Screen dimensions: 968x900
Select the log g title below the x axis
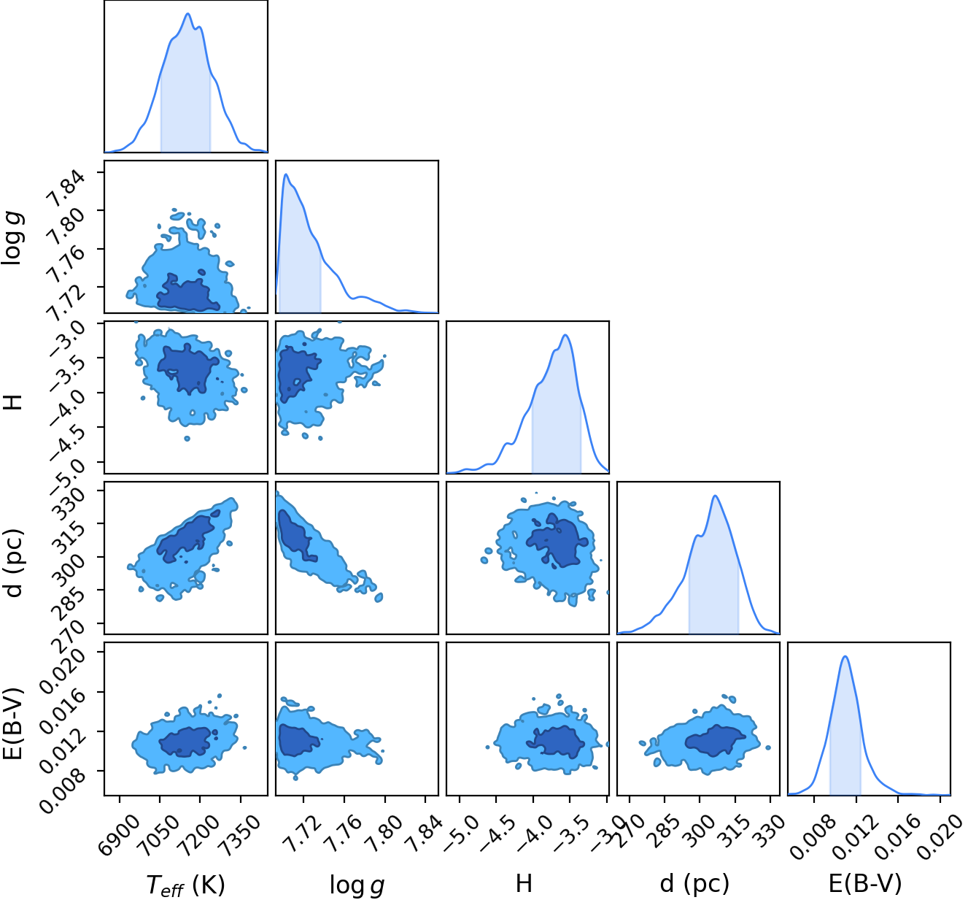pos(357,885)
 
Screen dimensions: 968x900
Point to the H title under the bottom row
pos(524,883)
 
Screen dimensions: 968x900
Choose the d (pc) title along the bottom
pos(694,883)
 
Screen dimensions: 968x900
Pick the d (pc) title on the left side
pos(14,563)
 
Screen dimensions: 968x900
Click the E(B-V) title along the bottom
pos(865,883)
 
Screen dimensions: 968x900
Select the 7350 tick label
pos(240,833)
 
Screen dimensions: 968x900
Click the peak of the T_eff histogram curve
pos(187,13)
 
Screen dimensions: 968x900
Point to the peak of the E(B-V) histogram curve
pos(845,656)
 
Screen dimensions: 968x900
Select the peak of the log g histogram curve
pos(286,174)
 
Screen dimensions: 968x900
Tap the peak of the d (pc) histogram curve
pos(715,496)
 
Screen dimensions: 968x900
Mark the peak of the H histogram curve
pos(565,334)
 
